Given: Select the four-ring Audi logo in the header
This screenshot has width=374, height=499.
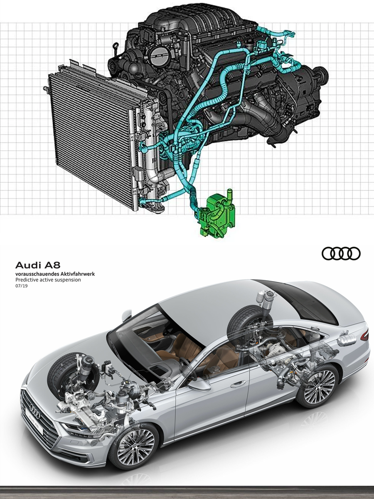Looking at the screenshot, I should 341,253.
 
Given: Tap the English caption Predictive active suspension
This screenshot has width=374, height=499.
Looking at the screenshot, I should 48,280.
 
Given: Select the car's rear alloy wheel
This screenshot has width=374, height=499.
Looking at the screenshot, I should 318,386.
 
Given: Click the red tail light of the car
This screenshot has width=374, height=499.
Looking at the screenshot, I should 364,335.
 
